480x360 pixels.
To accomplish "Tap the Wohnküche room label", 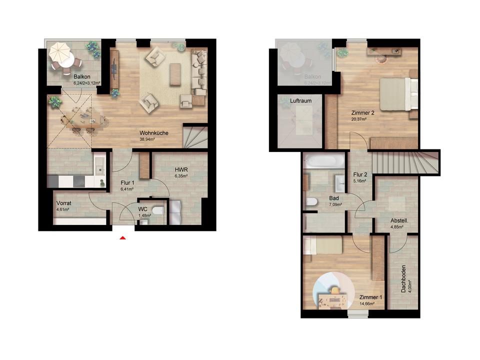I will click(x=153, y=133).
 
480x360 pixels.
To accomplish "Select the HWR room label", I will click(x=181, y=169).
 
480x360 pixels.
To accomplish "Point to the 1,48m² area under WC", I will click(x=144, y=215).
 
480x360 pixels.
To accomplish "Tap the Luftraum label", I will click(x=301, y=100).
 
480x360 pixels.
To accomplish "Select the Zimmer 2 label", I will click(x=362, y=113).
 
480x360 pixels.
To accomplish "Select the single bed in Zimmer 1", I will click(x=324, y=245).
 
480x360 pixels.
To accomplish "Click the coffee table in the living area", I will click(x=175, y=74).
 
